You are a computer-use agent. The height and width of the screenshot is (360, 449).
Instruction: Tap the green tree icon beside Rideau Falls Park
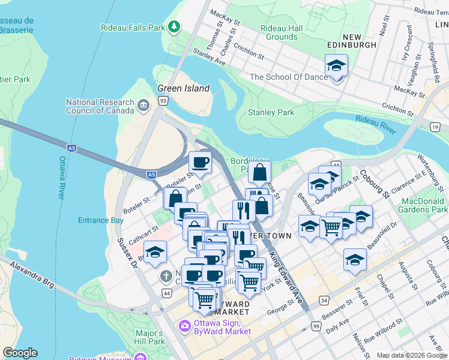[174, 26]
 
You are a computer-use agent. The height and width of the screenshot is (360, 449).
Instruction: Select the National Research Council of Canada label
[99, 106]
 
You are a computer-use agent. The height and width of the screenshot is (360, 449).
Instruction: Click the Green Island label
[183, 88]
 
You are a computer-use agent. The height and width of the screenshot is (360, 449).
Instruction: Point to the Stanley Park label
[271, 112]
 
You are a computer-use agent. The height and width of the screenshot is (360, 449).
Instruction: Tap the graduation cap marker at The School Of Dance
[336, 66]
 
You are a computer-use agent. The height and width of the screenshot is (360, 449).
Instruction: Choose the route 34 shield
[324, 300]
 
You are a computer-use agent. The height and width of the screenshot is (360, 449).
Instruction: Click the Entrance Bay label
[100, 220]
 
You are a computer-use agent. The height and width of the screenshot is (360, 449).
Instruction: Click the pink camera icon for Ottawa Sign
[184, 326]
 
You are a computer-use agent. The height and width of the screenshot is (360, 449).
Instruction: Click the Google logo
[20, 353]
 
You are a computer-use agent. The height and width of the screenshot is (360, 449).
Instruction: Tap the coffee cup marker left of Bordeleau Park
[200, 161]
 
